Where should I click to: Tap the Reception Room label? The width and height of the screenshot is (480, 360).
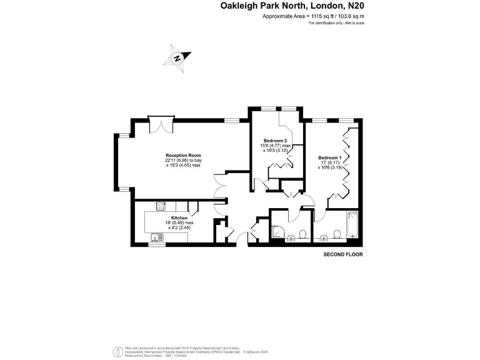click(x=183, y=155)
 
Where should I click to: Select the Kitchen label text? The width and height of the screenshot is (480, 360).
click(x=162, y=218)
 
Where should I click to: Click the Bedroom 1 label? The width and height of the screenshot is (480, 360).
click(x=329, y=157)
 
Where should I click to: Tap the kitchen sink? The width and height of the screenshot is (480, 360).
click(x=155, y=237)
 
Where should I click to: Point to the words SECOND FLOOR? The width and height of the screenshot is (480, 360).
click(x=342, y=255)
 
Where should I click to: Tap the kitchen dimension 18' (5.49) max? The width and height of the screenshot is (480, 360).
click(x=162, y=223)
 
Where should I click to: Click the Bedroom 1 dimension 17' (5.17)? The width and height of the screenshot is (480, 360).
click(x=329, y=162)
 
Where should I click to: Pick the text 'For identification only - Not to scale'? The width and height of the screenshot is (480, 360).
click(x=336, y=23)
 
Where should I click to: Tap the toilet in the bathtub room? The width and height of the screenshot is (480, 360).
click(x=337, y=234)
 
